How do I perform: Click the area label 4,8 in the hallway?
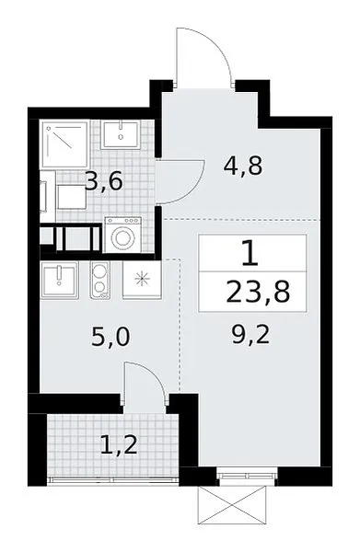click(243, 167)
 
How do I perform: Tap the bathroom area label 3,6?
click(104, 181)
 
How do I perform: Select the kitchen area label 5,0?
click(110, 337)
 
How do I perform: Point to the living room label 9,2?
click(250, 335)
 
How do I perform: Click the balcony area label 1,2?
click(119, 444)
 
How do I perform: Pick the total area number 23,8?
click(258, 292)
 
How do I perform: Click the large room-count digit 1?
click(251, 252)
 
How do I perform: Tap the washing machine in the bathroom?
click(123, 235)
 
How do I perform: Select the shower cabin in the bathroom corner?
click(64, 144)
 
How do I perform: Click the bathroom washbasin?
click(121, 134)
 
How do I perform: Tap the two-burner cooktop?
click(99, 281)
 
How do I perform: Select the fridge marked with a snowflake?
click(142, 280)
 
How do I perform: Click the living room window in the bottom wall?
click(247, 476)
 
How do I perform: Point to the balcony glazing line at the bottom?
click(113, 478)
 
